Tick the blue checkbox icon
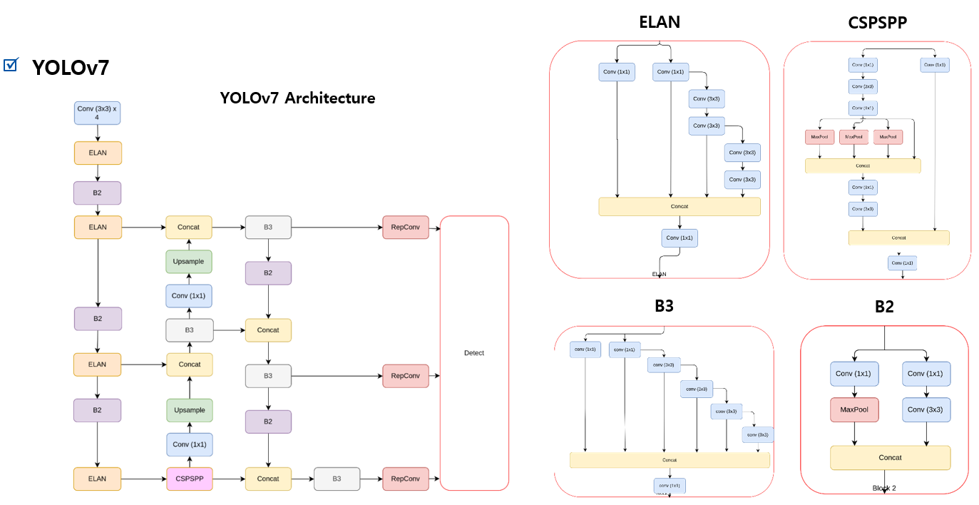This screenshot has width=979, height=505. point(10,65)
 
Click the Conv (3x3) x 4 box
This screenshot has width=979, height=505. point(98,113)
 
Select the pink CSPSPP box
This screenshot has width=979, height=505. point(190,479)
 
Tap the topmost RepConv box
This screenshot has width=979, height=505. point(406,228)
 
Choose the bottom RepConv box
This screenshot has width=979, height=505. point(406,479)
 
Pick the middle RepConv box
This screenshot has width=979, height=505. point(406,376)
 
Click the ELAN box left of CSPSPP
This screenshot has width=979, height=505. point(98,479)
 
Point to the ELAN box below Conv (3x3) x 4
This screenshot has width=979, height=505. point(98,153)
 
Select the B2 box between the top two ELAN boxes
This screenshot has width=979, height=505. point(98,193)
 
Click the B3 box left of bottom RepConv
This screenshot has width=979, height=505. point(337,479)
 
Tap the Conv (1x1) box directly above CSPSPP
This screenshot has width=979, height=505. point(190,444)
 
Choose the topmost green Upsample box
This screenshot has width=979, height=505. point(189,262)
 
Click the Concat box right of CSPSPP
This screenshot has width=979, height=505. point(268,479)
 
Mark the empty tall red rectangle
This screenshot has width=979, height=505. point(474,353)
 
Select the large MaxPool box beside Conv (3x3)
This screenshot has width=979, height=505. point(854,410)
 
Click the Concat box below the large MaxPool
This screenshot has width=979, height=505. point(890,458)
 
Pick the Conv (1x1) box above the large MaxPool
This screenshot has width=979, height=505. point(854,374)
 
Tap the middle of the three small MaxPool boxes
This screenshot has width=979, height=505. point(854,137)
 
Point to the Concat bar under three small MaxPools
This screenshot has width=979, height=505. point(863,165)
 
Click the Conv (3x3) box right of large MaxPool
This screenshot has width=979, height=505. point(926,410)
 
